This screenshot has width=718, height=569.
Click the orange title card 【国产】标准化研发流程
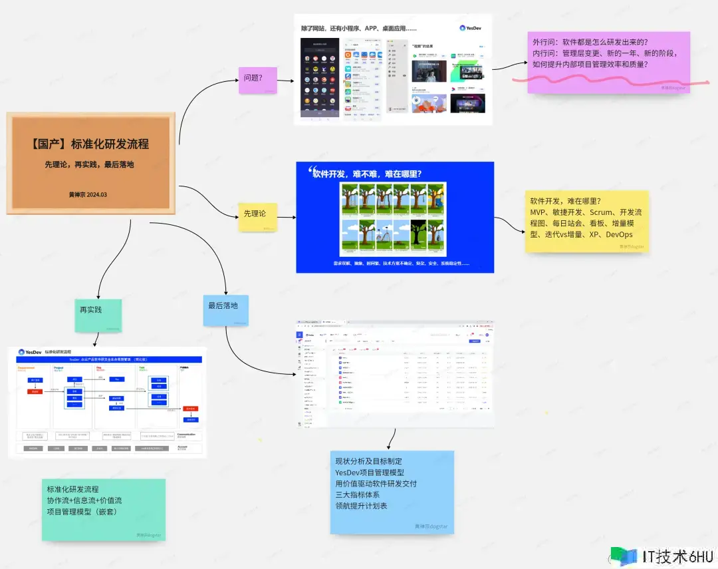(x=91, y=163)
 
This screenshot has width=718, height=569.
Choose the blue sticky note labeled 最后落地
(x=225, y=310)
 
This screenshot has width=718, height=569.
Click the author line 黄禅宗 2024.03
(x=88, y=195)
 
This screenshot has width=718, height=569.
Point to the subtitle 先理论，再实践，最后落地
(x=89, y=164)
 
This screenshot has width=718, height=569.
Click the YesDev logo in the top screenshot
(x=472, y=28)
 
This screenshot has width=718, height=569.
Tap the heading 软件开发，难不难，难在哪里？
(x=368, y=174)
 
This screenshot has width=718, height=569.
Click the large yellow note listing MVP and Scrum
(x=586, y=220)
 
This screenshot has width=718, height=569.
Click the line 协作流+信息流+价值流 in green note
(x=84, y=500)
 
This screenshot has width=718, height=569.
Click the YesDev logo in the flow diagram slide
(x=31, y=351)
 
